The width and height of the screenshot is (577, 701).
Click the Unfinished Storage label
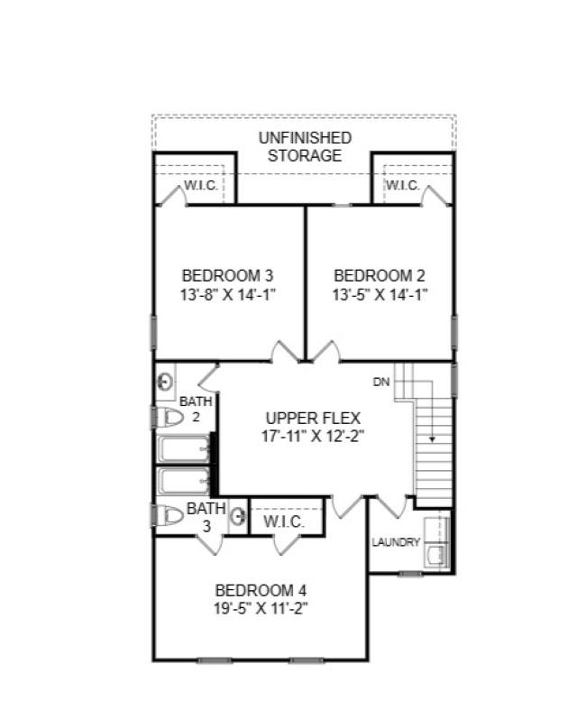[304, 146]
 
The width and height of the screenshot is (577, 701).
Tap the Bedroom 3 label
[227, 275]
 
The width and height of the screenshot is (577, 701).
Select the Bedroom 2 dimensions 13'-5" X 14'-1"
[380, 294]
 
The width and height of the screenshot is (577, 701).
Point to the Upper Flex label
[313, 418]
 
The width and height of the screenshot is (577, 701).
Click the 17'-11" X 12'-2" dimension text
[313, 436]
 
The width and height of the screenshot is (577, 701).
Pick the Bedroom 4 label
[255, 590]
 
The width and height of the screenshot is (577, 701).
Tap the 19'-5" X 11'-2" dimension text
[255, 608]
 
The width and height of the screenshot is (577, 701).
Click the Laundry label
[396, 542]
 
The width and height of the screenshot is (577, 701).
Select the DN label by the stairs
[381, 382]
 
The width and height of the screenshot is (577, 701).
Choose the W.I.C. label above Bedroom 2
[402, 186]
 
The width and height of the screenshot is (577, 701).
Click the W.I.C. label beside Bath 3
[284, 522]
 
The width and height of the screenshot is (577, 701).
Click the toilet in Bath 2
[169, 418]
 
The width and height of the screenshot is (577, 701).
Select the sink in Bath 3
[238, 517]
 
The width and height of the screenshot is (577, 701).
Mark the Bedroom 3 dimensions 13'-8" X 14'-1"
[227, 294]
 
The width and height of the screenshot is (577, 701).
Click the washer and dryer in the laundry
[438, 540]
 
